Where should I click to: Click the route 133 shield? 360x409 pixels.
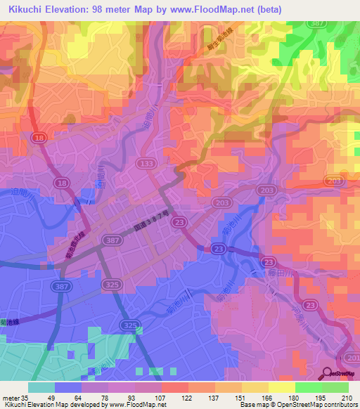point(146,163)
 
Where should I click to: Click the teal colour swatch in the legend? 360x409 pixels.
point(41,387)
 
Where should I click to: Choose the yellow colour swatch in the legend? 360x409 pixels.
point(281,387)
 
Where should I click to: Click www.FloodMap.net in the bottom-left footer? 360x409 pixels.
point(127,405)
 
